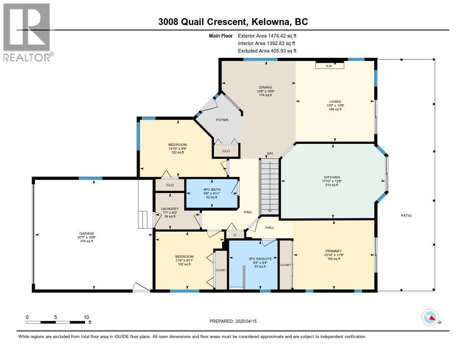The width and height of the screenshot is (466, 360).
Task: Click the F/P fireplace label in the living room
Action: pos(329,66)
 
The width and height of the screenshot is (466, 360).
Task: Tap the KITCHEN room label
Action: pos(332,177)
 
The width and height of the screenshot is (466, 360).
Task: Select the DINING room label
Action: pos(265,87)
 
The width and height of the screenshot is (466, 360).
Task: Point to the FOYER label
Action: pos(222,120)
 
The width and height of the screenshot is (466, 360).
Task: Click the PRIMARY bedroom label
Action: pos(333,250)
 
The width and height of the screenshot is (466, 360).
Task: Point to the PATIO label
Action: pos(406,215)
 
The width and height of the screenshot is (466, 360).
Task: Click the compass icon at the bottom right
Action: pos(430,318)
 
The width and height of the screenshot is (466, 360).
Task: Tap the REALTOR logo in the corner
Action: pos(28,32)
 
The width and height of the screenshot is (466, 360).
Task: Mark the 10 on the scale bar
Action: pos(86,317)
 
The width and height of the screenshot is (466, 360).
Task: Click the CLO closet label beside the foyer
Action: pos(226,151)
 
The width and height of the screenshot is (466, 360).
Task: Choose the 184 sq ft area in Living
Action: pos(335,109)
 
